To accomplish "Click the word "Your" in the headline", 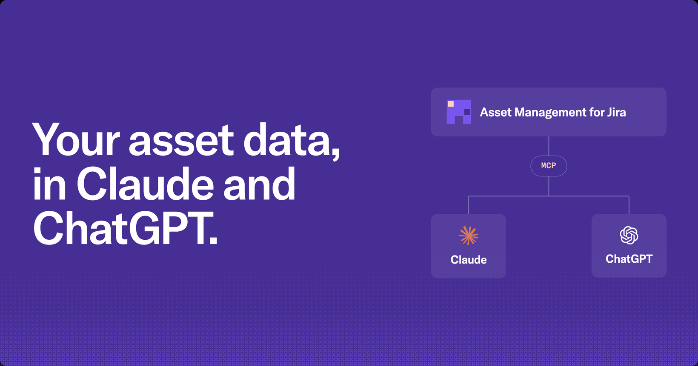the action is [76, 140].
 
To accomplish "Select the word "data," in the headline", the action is [292, 141].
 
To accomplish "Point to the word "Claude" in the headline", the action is [145, 184].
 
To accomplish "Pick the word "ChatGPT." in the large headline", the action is [125, 228].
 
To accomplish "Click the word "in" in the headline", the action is [49, 184].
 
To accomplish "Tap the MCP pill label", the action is [549, 166].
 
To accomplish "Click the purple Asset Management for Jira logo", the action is [459, 112].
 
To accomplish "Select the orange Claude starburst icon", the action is [468, 235].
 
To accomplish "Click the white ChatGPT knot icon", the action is [629, 235].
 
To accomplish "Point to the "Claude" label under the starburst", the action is [468, 260].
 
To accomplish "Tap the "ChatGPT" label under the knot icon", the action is [629, 259].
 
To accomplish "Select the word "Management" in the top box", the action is [550, 113].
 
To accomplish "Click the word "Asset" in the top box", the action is [496, 112].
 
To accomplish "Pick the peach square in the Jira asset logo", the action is [451, 104].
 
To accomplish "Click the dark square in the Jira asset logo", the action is [467, 112].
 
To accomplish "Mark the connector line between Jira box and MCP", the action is [549, 146].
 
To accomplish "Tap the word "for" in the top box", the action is [596, 112].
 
